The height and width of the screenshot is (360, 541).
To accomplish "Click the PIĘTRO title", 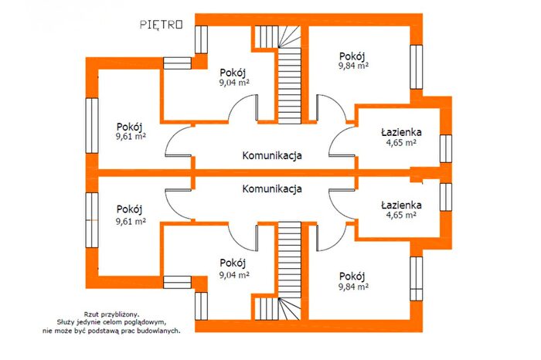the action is pyautogui.click(x=161, y=25).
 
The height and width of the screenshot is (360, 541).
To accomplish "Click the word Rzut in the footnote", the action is pyautogui.click(x=90, y=314).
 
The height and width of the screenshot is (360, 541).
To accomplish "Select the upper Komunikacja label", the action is pyautogui.click(x=272, y=155).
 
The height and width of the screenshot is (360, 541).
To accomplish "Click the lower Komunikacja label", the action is pyautogui.click(x=272, y=189).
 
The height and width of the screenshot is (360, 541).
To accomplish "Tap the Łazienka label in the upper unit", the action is pyautogui.click(x=401, y=132).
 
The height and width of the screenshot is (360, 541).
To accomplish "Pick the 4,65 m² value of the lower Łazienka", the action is pyautogui.click(x=401, y=216).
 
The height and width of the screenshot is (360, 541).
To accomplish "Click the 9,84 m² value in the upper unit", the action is pyautogui.click(x=353, y=66).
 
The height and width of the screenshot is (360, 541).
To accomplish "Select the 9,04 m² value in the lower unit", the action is pyautogui.click(x=234, y=275).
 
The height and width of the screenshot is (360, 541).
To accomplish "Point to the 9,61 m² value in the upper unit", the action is pyautogui.click(x=131, y=136).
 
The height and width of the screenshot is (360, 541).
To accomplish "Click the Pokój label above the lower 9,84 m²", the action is pyautogui.click(x=352, y=277).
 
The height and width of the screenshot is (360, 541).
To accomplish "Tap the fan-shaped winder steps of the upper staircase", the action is pyautogui.click(x=289, y=36).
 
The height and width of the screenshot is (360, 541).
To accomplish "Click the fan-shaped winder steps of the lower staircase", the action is pyautogui.click(x=289, y=308).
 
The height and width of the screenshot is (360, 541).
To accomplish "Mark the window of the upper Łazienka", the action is pyautogui.click(x=446, y=148).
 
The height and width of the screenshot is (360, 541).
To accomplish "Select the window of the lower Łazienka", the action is pyautogui.click(x=446, y=197).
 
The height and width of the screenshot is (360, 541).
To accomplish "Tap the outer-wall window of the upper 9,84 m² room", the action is pyautogui.click(x=417, y=67).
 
